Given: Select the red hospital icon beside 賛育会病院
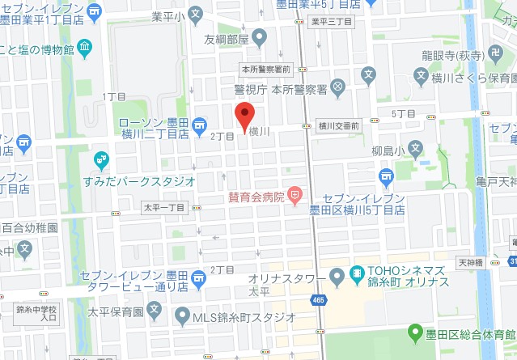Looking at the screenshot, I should (x=295, y=195).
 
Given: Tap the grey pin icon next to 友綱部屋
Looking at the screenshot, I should (x=260, y=36).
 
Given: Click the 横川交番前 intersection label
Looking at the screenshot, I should (x=337, y=125).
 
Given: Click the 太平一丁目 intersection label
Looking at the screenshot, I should (x=164, y=208).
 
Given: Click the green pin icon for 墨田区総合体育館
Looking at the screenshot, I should (x=415, y=332).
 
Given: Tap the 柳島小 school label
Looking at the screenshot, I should (x=390, y=148).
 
